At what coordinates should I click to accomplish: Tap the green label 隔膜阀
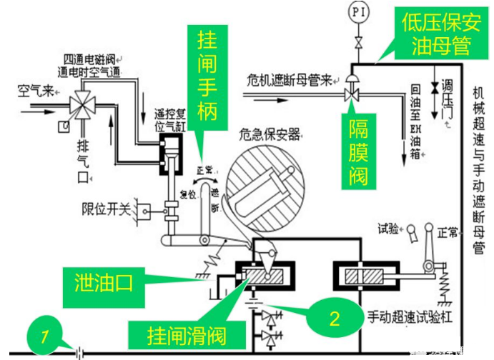click(x=359, y=154)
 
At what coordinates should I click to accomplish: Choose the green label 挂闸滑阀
click(x=184, y=332)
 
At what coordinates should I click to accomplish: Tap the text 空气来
click(x=34, y=91)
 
